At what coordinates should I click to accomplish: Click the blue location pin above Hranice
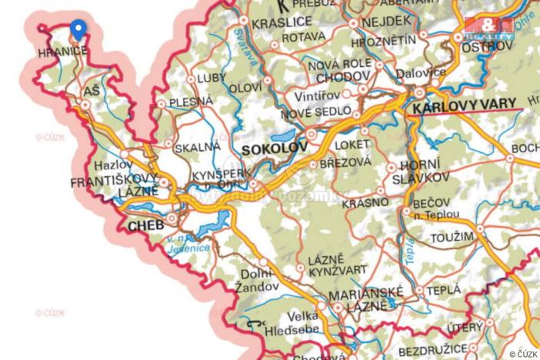[77, 29]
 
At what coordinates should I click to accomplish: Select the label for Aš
[92, 92]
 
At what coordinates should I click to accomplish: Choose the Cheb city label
[146, 226]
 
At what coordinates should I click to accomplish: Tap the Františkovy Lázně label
[114, 188]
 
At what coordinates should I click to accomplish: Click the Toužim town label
[452, 237]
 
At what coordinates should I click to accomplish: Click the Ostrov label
[486, 47]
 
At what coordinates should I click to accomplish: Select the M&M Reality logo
[489, 28]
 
